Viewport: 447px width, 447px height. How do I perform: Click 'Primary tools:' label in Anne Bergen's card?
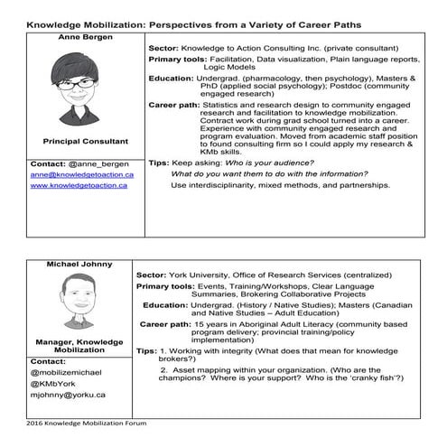(x=179, y=58)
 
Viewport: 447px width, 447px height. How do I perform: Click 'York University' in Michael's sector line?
(x=198, y=274)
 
